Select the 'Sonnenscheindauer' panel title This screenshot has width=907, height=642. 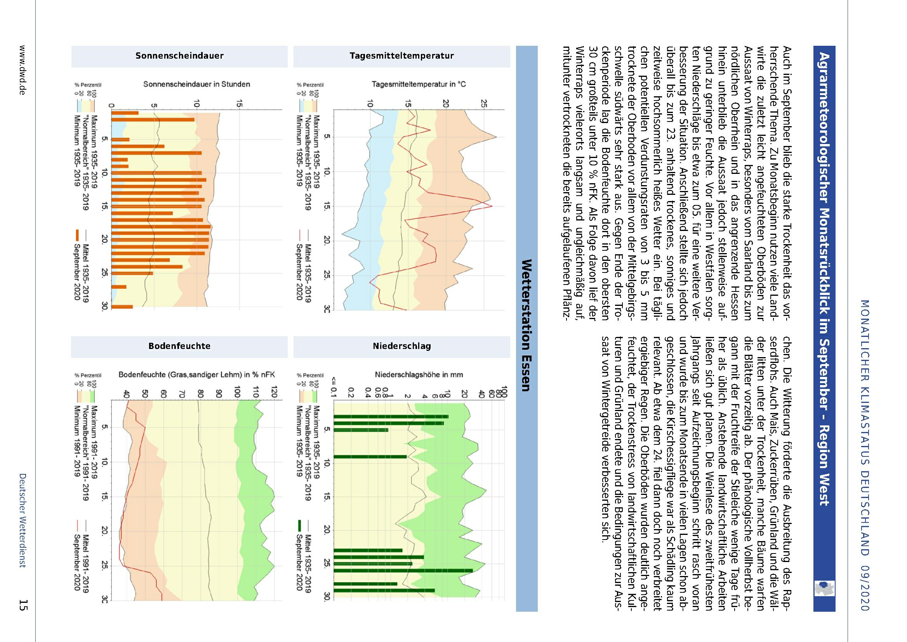[x=179, y=56]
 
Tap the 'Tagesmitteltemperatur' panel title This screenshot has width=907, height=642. [x=401, y=56]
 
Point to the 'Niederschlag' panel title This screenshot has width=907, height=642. [x=401, y=346]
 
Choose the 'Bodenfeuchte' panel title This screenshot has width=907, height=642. [x=179, y=346]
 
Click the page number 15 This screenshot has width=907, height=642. [x=23, y=605]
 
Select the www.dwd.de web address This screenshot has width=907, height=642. [x=22, y=69]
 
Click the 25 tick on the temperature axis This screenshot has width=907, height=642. [x=483, y=104]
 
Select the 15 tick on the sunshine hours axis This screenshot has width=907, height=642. [x=239, y=104]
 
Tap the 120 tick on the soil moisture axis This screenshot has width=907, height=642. [x=274, y=393]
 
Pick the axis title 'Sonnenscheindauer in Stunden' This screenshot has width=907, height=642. [x=196, y=84]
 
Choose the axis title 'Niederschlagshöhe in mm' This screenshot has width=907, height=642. [x=419, y=374]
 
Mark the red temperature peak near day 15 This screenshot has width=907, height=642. [x=492, y=206]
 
